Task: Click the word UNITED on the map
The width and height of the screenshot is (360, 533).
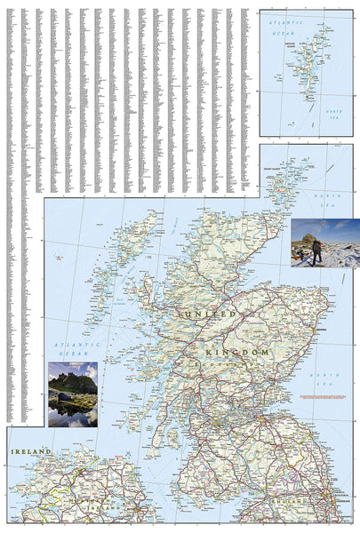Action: [x=210, y=314]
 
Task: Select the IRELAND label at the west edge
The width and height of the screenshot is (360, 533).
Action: [x=27, y=453]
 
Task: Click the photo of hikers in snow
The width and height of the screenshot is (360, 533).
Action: [x=324, y=243]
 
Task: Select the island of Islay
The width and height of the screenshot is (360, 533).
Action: [x=130, y=410]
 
